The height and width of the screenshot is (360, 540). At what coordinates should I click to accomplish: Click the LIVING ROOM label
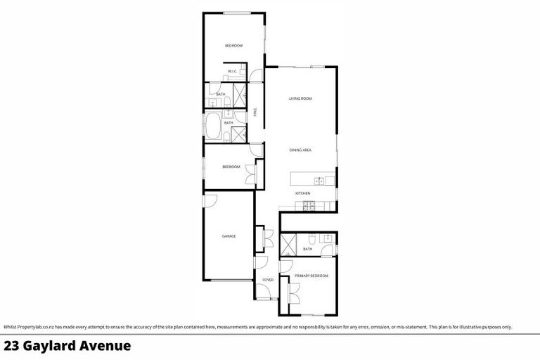300,98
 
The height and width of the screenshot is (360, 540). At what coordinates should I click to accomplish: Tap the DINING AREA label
300,150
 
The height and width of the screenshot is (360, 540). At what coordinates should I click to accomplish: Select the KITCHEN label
302,193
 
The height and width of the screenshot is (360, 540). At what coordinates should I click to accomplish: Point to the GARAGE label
229,236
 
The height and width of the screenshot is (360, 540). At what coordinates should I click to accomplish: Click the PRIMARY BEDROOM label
311,276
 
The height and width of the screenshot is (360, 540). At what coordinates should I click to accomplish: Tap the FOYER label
268,280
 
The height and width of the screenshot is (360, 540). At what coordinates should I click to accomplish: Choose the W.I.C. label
232,72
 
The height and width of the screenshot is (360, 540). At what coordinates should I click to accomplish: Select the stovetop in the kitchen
307,206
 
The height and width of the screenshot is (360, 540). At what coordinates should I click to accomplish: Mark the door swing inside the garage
209,200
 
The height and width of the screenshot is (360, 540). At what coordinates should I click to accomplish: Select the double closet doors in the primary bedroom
293,290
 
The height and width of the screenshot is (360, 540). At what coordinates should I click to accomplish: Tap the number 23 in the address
11,346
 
